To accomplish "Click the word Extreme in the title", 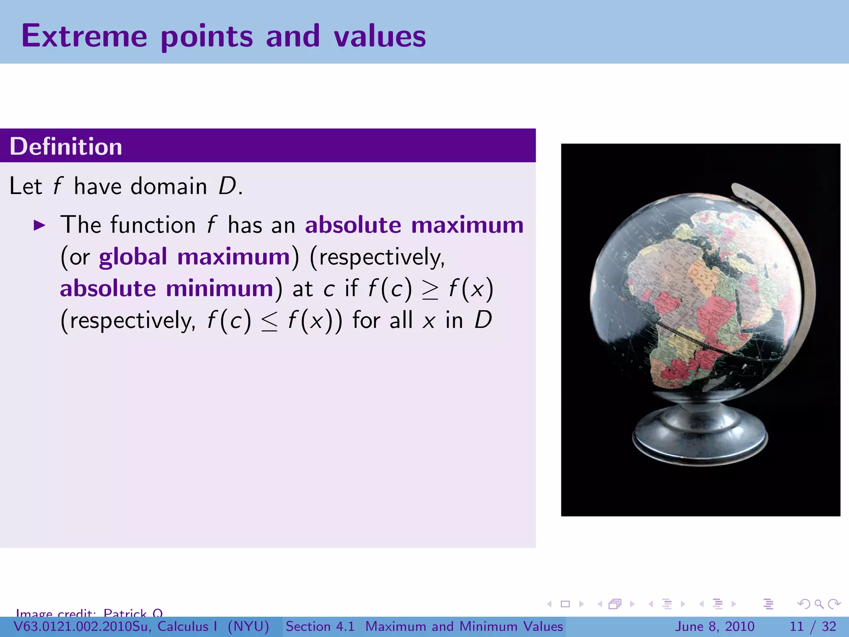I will (84, 36).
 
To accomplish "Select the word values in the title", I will (380, 36).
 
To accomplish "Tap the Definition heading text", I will (66, 146).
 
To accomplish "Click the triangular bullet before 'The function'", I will (39, 226).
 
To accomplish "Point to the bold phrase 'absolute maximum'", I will (414, 225).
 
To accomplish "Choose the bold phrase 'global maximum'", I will (194, 257).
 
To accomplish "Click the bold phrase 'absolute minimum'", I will (167, 288).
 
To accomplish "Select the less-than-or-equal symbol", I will (269, 321).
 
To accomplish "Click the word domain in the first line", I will (169, 186).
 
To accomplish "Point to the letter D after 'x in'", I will (483, 320).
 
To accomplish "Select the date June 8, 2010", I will (715, 626).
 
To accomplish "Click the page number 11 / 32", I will (813, 626).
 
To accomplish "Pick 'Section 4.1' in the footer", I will (320, 626).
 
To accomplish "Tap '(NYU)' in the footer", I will (248, 626).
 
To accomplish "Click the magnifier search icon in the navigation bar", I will (819, 604).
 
